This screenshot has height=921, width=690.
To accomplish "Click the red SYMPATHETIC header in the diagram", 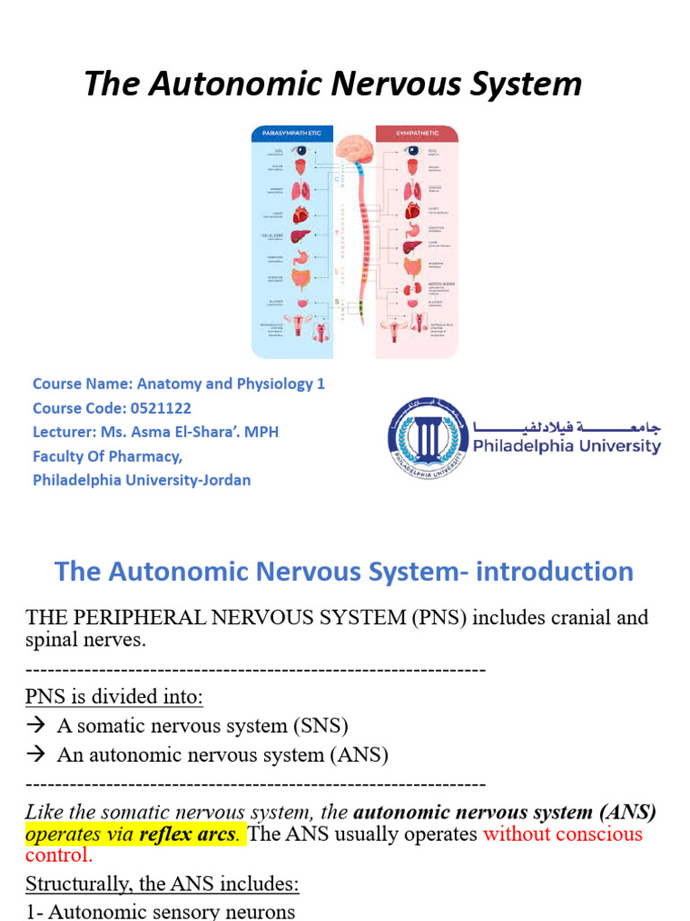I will [416, 134].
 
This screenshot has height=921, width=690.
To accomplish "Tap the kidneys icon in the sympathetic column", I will [412, 290].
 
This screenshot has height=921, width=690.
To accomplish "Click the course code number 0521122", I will [154, 408].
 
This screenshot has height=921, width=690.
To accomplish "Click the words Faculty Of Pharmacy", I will [107, 456].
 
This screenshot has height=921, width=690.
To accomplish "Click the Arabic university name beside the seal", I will [566, 425].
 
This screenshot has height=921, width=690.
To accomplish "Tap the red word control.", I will [58, 854].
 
